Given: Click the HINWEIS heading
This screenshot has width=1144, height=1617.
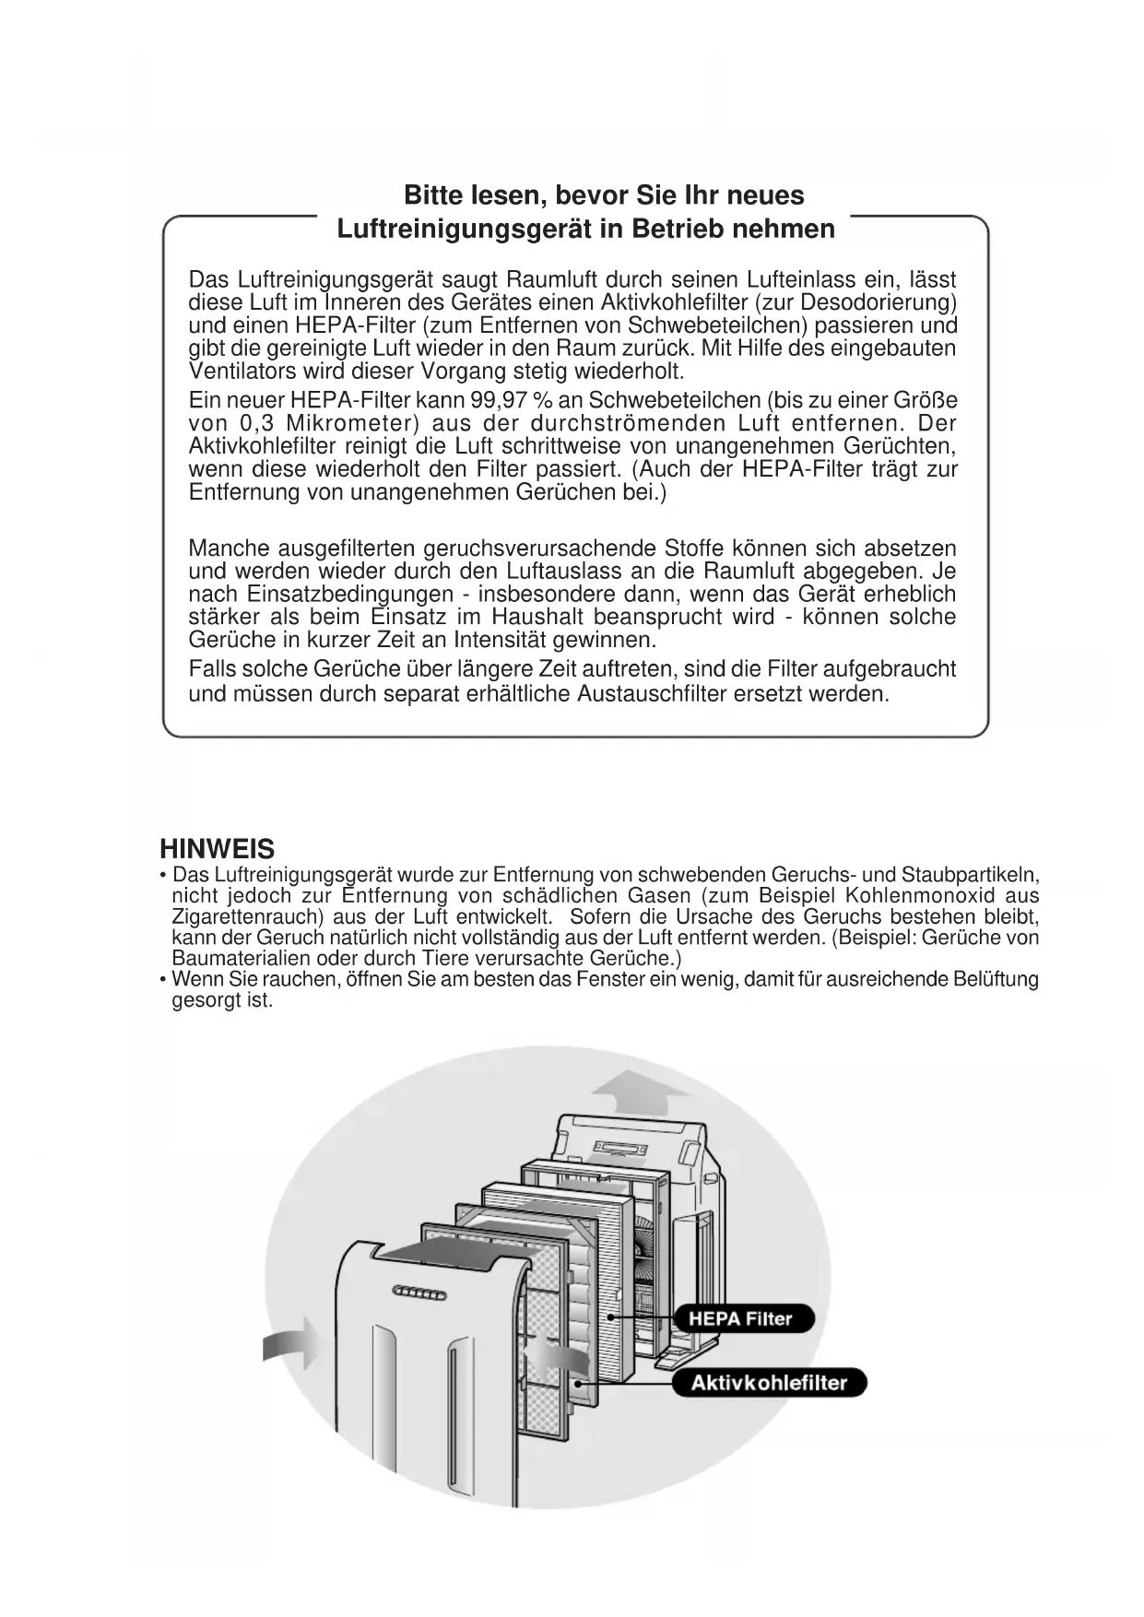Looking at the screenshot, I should click(217, 848).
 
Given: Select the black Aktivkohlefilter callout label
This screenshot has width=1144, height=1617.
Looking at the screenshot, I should click(769, 1382).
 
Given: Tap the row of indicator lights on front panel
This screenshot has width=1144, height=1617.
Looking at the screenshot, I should click(419, 1295).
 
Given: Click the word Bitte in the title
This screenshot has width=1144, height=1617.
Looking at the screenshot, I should click(434, 195).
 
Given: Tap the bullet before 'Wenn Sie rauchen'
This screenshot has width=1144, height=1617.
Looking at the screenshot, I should click(163, 979).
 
